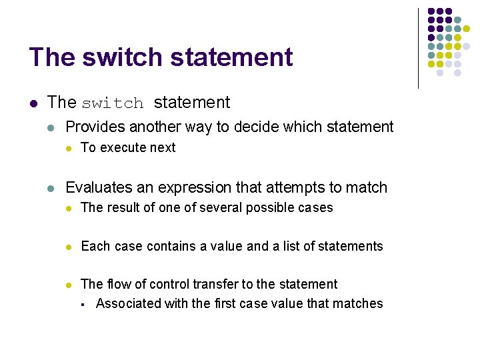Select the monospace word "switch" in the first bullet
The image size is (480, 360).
click(x=113, y=103)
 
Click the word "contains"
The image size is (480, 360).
click(x=173, y=247)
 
